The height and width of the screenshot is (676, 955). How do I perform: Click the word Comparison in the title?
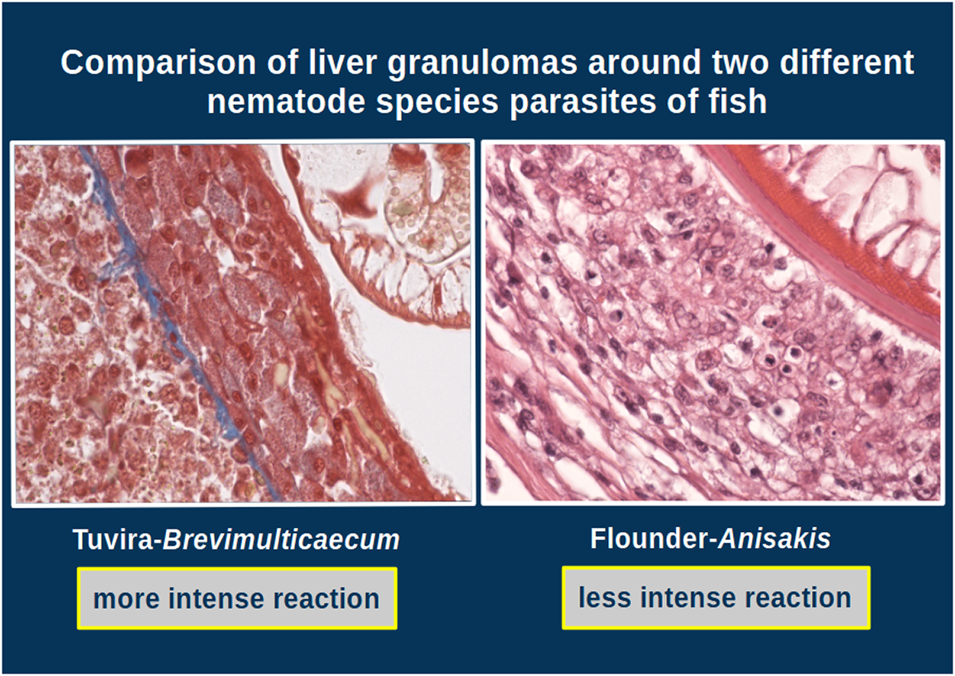pos(158,63)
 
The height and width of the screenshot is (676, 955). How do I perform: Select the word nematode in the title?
pos(286,103)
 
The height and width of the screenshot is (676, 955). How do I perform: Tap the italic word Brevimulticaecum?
pos(282,540)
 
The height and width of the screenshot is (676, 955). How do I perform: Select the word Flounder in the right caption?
pos(649,538)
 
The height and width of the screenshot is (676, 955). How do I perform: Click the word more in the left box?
pos(127,600)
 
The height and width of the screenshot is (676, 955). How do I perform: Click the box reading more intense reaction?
pos(237,598)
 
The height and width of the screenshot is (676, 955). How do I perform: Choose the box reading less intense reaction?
pos(715,597)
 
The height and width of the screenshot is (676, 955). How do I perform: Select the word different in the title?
pos(847,62)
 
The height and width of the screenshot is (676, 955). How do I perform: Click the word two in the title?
pos(739,63)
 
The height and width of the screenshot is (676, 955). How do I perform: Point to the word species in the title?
pos(437,104)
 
